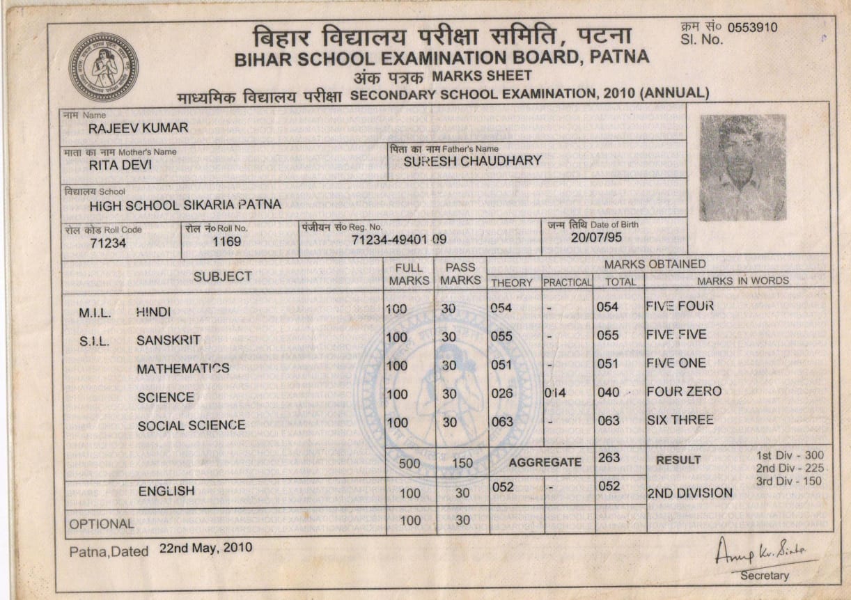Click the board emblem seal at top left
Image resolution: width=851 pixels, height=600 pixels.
pos(103,68)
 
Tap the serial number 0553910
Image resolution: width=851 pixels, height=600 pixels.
pos(752,28)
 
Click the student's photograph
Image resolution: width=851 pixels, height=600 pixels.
pos(742,168)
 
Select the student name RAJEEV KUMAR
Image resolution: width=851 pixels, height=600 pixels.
pos(138,128)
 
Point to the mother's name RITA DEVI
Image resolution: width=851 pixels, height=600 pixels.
pos(120,166)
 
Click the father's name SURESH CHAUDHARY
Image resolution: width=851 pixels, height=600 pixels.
pos(472,161)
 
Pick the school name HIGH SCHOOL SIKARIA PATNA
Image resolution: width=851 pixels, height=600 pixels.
pos(185,205)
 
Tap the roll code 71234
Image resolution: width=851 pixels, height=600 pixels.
pos(108,243)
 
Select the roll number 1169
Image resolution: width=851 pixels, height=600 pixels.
pos(227,242)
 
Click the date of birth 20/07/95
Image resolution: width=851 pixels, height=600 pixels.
pos(595,237)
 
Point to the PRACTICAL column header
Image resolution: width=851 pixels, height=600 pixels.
pos(567,282)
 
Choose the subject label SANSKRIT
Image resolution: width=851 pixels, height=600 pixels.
pos(169,340)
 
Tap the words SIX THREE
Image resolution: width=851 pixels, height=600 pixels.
pos(680,420)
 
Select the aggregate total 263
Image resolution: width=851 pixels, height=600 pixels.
pos(609,458)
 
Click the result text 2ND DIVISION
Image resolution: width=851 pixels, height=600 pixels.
pos(689,493)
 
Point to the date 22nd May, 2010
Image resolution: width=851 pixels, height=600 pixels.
pos(205,547)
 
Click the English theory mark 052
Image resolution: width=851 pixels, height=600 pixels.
pos(502,487)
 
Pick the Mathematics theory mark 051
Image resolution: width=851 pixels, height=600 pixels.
pos(501,365)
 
